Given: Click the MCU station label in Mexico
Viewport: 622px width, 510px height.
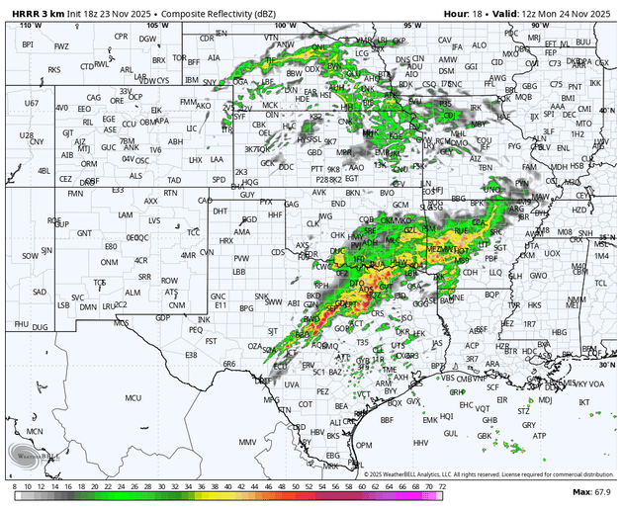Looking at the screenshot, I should (133, 398).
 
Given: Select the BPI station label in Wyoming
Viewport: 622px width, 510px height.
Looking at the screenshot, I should (28, 44).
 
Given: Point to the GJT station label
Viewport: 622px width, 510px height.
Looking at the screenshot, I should (68, 131).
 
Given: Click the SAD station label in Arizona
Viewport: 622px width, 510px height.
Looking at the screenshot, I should (40, 292).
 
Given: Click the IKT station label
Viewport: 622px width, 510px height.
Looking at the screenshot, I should (583, 402).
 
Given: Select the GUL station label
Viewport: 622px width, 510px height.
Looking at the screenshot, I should (451, 432).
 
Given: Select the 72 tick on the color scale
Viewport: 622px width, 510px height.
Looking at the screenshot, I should (442, 484).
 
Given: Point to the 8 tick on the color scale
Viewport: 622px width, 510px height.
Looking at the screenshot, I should (14, 484).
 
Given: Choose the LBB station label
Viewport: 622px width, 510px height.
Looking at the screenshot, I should (239, 271).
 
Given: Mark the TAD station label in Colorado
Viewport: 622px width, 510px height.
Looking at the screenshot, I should (173, 180).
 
